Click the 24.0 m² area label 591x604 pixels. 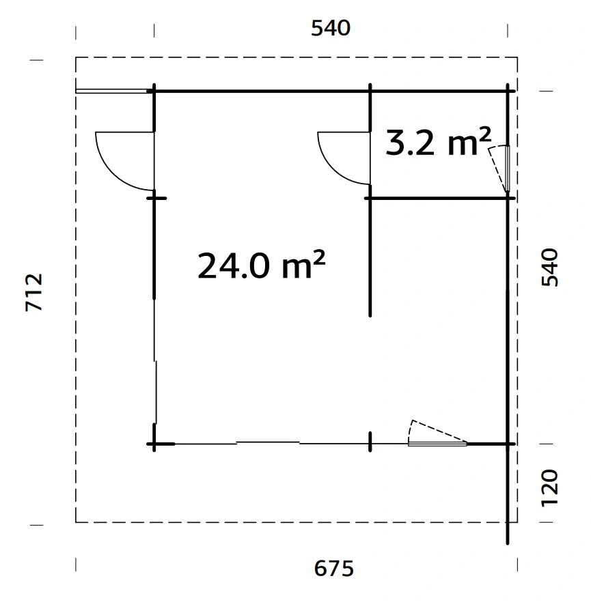(x=260, y=265)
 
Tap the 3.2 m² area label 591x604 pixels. (x=438, y=143)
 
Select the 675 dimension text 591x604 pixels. (x=335, y=568)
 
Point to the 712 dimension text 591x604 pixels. (x=34, y=293)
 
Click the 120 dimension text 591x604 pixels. (x=550, y=487)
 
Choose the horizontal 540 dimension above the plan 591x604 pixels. (x=331, y=28)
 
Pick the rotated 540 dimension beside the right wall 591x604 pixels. (x=550, y=268)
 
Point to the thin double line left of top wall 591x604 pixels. (x=113, y=90)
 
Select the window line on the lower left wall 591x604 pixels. (x=156, y=392)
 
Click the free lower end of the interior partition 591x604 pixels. (x=370, y=314)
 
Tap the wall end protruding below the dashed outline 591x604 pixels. (x=508, y=536)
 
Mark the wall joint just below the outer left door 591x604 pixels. (x=156, y=197)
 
